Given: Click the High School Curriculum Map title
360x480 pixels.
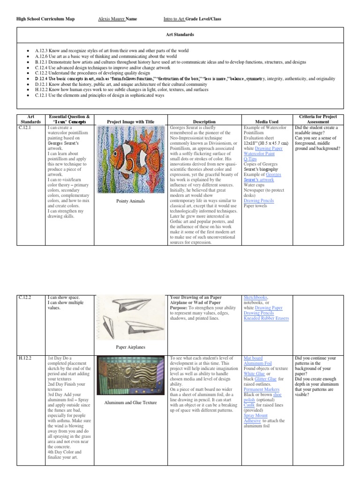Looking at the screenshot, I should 45,19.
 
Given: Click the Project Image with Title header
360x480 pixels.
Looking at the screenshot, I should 131,121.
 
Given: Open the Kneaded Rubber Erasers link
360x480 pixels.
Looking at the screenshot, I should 266,318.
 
